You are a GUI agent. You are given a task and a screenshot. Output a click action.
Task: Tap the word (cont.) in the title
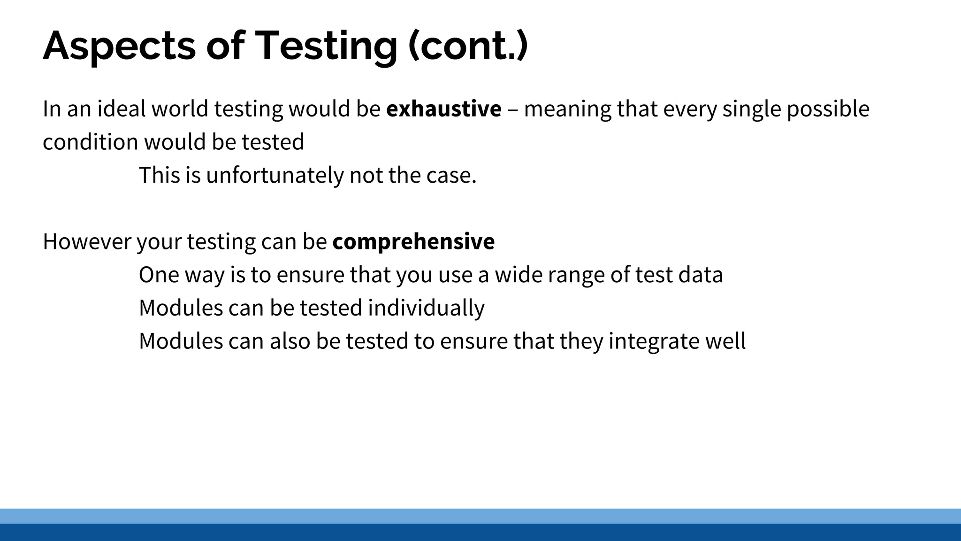pyautogui.click(x=468, y=46)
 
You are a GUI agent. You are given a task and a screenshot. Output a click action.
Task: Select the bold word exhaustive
pyautogui.click(x=443, y=109)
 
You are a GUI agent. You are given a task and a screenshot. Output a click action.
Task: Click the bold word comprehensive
pyautogui.click(x=413, y=242)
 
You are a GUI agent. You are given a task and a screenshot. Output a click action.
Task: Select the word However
pyautogui.click(x=87, y=242)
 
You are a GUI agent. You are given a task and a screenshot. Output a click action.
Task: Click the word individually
pyautogui.click(x=426, y=309)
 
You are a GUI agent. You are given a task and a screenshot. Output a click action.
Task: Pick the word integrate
pyautogui.click(x=654, y=341)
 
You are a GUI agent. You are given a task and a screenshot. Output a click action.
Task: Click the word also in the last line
pyautogui.click(x=290, y=341)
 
